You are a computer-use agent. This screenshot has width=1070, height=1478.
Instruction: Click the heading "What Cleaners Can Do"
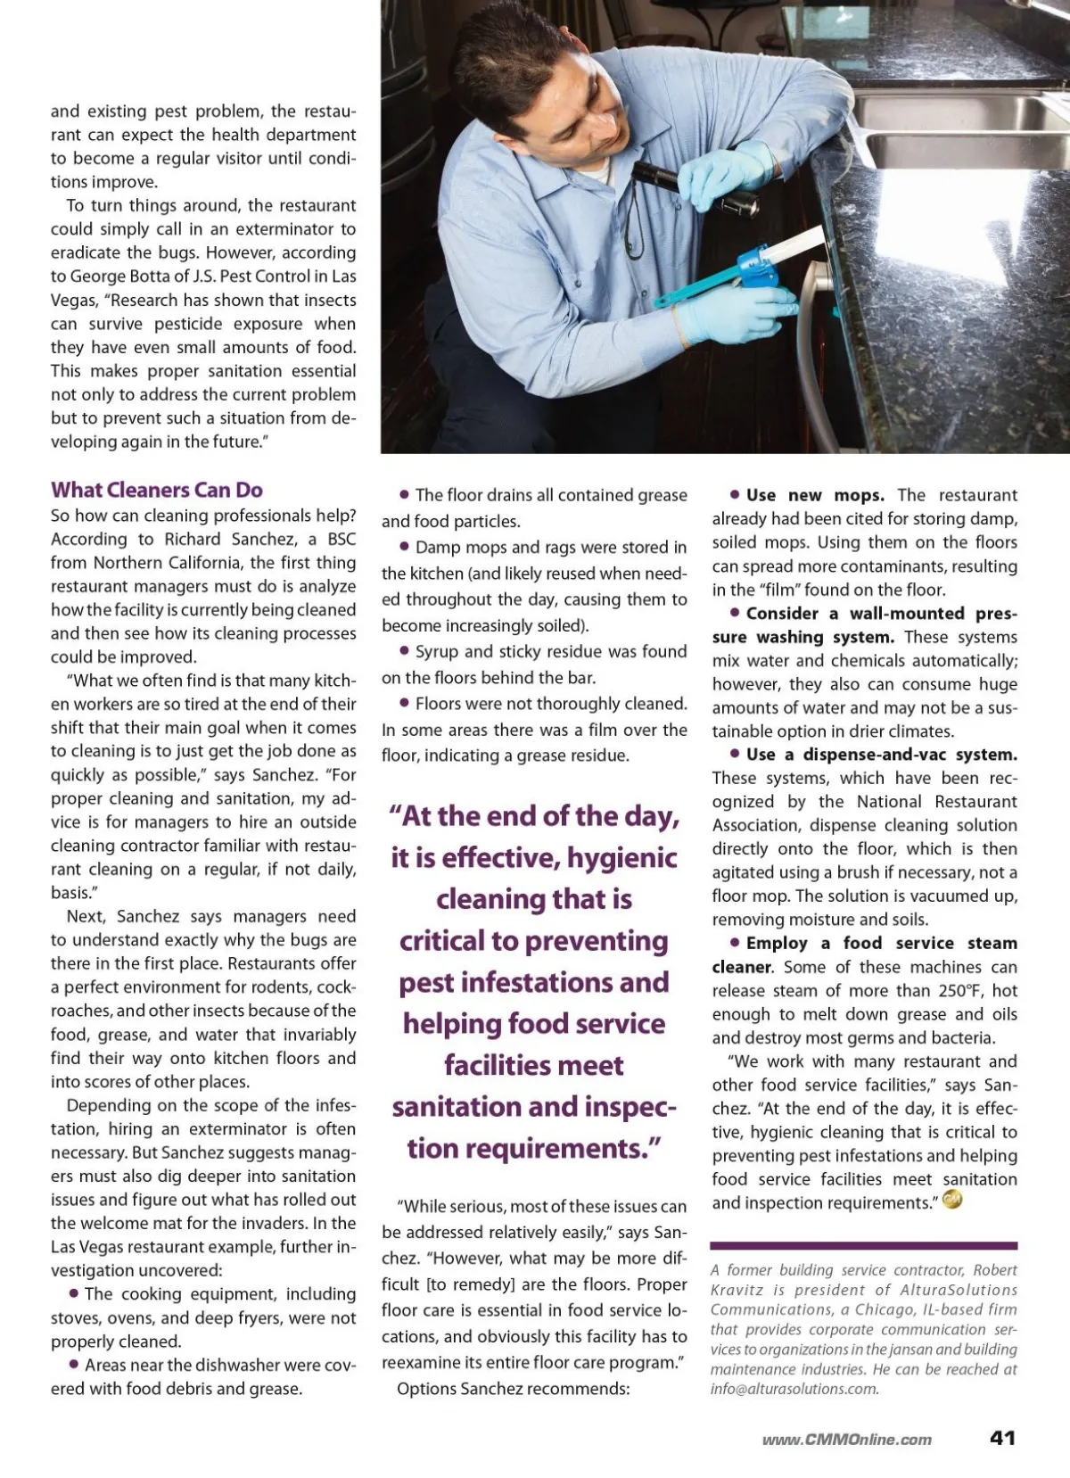tap(157, 490)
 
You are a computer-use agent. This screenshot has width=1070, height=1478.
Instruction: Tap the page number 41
tap(1002, 1437)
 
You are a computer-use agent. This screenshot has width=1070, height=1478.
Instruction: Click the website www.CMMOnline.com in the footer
tap(846, 1440)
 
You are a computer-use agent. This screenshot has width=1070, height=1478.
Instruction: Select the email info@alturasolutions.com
tap(794, 1389)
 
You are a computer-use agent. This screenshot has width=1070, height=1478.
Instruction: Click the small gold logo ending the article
tap(952, 1201)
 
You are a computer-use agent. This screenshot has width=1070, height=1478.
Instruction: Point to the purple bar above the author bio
tap(863, 1245)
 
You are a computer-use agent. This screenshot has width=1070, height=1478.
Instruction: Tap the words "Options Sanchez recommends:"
tap(513, 1389)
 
